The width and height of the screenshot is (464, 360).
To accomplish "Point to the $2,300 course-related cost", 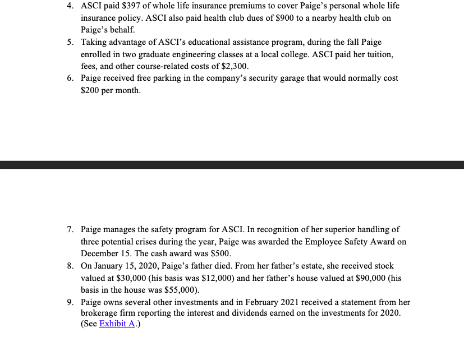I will pyautogui.click(x=236, y=66).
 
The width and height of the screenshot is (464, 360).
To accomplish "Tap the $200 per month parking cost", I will pyautogui.click(x=90, y=90).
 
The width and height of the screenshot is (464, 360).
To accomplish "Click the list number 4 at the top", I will pyautogui.click(x=70, y=6).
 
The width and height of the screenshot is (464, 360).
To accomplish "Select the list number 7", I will pyautogui.click(x=70, y=229).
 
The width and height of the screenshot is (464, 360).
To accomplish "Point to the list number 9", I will pyautogui.click(x=70, y=302).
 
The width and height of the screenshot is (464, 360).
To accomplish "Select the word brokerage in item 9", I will pyautogui.click(x=100, y=313).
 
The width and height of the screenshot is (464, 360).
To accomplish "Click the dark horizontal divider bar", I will pyautogui.click(x=232, y=165).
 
